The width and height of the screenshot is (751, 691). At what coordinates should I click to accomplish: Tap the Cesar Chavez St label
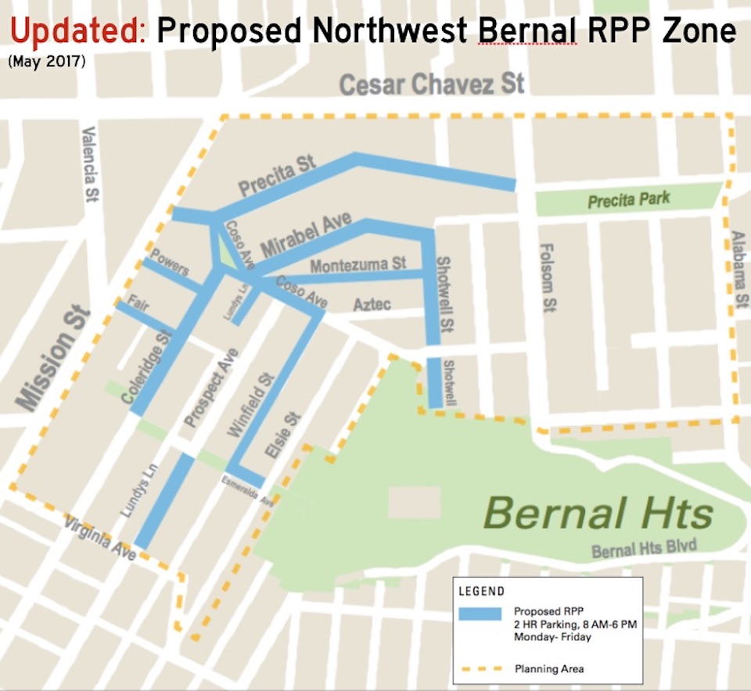coord(432,84)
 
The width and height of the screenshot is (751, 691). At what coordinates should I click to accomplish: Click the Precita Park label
coord(629,200)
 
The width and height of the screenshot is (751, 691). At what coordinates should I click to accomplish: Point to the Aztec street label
coord(372,304)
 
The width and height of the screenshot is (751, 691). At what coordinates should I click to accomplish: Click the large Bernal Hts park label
coord(598,514)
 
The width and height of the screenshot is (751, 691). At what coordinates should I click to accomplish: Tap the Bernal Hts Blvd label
coord(644,548)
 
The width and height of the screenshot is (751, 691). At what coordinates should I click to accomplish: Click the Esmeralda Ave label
coord(247,490)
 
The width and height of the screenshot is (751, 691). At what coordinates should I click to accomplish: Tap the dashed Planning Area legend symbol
coord(480,669)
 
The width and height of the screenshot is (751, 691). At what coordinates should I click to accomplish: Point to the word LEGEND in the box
coord(482,591)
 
